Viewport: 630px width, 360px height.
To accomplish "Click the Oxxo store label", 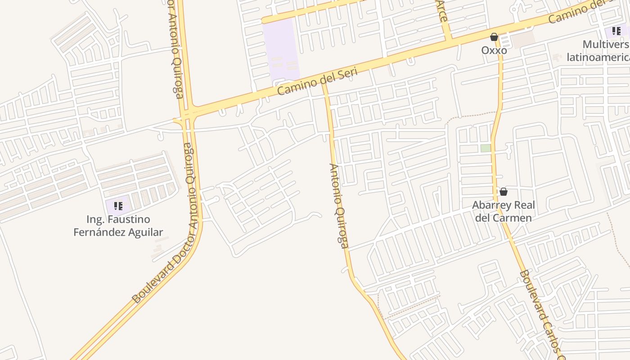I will tap(494, 50).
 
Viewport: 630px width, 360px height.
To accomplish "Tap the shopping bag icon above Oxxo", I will tap(494, 37).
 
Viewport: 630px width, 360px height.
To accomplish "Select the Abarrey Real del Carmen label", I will tap(504, 211).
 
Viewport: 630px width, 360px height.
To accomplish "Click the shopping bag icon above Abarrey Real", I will tap(504, 192).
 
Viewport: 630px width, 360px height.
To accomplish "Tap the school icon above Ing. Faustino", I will tap(118, 207).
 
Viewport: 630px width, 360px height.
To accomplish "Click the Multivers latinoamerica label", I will tap(598, 51).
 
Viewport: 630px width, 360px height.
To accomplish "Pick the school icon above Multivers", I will tap(616, 31).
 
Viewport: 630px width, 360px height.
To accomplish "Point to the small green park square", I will tap(485, 148).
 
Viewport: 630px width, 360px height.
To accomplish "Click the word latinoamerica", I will tap(598, 57).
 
